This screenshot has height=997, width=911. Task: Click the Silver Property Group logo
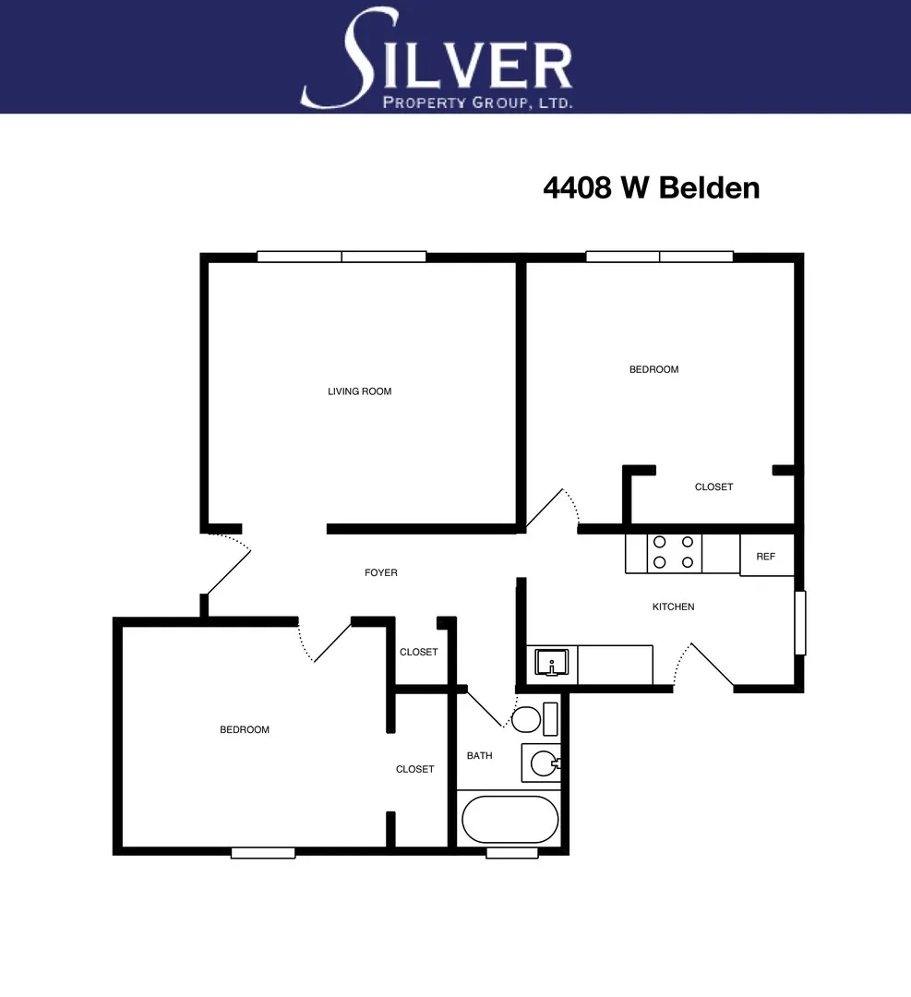[438, 59]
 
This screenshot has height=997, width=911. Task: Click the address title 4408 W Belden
[651, 187]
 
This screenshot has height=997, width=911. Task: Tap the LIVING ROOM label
[359, 391]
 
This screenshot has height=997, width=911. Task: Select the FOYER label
[381, 573]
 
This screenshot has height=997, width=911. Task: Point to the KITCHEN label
[673, 607]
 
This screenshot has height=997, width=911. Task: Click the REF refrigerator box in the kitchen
[766, 556]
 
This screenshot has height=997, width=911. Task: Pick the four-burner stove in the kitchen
[674, 553]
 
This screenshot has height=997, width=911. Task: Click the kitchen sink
[552, 661]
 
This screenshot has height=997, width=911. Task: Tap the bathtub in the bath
[509, 820]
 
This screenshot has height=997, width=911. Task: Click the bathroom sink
[544, 763]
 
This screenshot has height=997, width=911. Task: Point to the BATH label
[479, 756]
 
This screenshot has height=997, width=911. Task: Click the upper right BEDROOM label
[653, 369]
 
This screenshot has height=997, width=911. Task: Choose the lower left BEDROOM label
[245, 730]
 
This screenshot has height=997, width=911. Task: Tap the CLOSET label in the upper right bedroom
[713, 486]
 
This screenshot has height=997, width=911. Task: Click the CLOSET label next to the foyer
[418, 652]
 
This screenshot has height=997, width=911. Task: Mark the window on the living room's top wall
[342, 257]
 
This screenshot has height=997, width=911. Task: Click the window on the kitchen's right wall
[800, 623]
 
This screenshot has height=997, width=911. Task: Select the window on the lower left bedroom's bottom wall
[263, 853]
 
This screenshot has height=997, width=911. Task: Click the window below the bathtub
[511, 853]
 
